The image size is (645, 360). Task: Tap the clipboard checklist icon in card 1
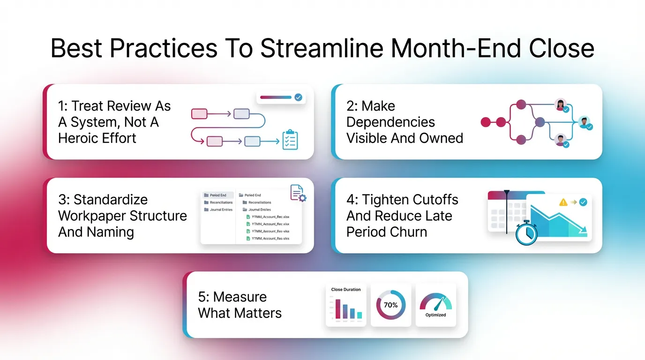tap(290, 140)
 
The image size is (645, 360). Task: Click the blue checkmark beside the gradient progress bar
tap(298, 97)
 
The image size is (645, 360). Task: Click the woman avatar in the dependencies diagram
tap(560, 105)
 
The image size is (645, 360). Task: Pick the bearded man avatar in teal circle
tap(584, 123)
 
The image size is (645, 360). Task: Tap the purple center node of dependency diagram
tap(540, 122)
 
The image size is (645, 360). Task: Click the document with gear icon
tap(298, 193)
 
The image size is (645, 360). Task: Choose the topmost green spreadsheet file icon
tap(248, 217)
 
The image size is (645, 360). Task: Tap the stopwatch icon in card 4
tap(526, 233)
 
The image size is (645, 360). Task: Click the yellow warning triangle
tap(563, 202)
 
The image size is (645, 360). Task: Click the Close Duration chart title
tap(346, 290)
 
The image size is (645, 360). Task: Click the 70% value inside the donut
tap(390, 305)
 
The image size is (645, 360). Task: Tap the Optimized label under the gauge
tap(435, 315)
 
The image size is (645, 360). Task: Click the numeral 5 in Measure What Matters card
tap(202, 297)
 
